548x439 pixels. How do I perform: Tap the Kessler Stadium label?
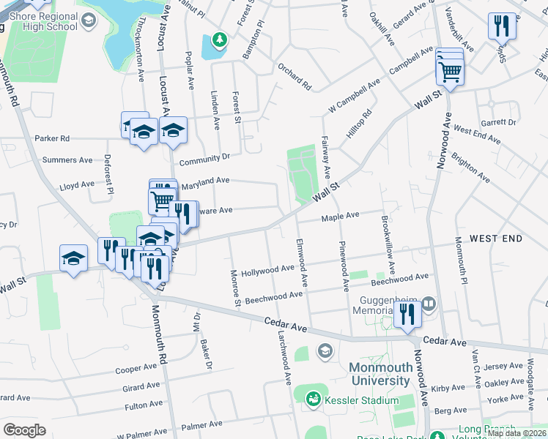pos(358,399)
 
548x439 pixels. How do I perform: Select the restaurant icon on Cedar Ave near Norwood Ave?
pos(407,314)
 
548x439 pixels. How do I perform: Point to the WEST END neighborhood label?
pos(496,239)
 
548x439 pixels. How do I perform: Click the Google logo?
pos(24,430)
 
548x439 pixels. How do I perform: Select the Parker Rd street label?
pos(56,138)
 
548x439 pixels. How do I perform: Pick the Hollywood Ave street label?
pos(267,270)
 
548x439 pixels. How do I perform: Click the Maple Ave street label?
pos(341,216)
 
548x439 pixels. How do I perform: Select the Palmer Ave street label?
pos(201,425)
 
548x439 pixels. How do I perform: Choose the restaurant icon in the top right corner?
pos(502,27)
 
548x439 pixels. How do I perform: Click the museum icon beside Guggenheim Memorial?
pos(429,302)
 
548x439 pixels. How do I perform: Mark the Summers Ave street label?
pos(68,160)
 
